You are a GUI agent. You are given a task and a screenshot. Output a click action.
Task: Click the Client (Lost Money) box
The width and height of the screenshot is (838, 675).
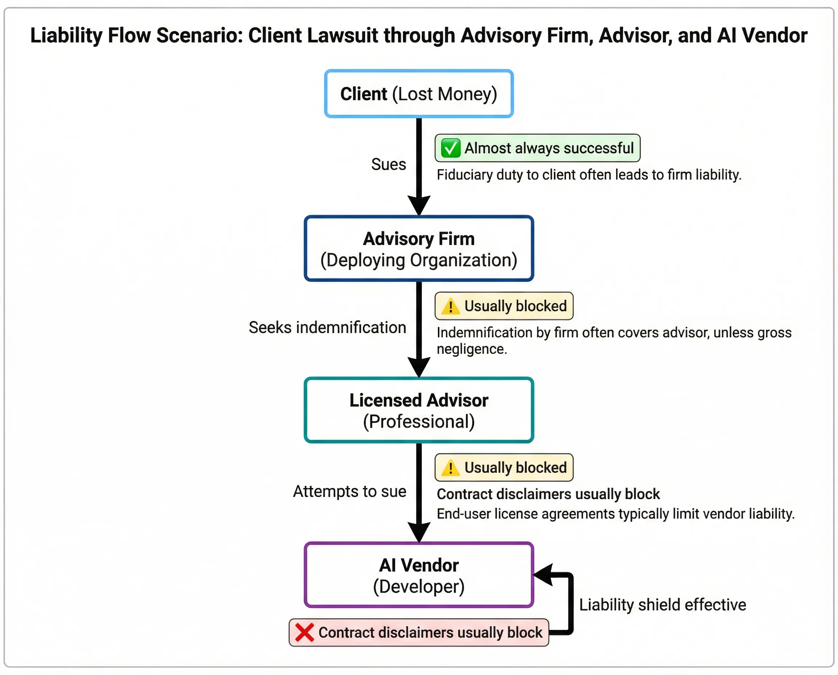click(419, 94)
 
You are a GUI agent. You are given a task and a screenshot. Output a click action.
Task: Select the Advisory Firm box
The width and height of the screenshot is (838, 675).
click(419, 249)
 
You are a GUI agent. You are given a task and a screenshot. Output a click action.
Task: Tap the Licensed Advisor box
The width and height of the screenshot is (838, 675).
click(419, 410)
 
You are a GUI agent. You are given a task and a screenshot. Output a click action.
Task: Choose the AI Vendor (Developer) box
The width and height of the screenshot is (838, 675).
click(419, 575)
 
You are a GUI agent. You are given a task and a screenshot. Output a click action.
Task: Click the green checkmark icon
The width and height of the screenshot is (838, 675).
click(451, 148)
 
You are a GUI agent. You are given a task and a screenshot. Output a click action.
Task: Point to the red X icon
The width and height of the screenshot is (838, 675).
click(304, 632)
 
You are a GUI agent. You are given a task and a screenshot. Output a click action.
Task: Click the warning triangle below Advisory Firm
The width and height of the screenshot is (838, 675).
click(450, 306)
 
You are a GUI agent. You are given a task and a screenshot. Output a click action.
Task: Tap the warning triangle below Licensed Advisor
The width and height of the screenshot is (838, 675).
click(450, 467)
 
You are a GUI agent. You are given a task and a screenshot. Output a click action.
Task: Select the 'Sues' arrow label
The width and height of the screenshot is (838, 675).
click(388, 164)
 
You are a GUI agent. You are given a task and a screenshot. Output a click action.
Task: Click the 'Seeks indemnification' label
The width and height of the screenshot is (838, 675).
click(327, 327)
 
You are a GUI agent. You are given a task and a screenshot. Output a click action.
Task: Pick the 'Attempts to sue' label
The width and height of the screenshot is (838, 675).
click(350, 491)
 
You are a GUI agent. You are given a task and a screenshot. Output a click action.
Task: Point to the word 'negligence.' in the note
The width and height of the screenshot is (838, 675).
click(472, 349)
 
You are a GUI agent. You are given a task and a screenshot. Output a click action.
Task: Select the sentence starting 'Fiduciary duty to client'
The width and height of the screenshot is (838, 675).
click(589, 175)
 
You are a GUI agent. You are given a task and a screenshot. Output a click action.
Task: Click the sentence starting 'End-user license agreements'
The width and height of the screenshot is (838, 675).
click(615, 514)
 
